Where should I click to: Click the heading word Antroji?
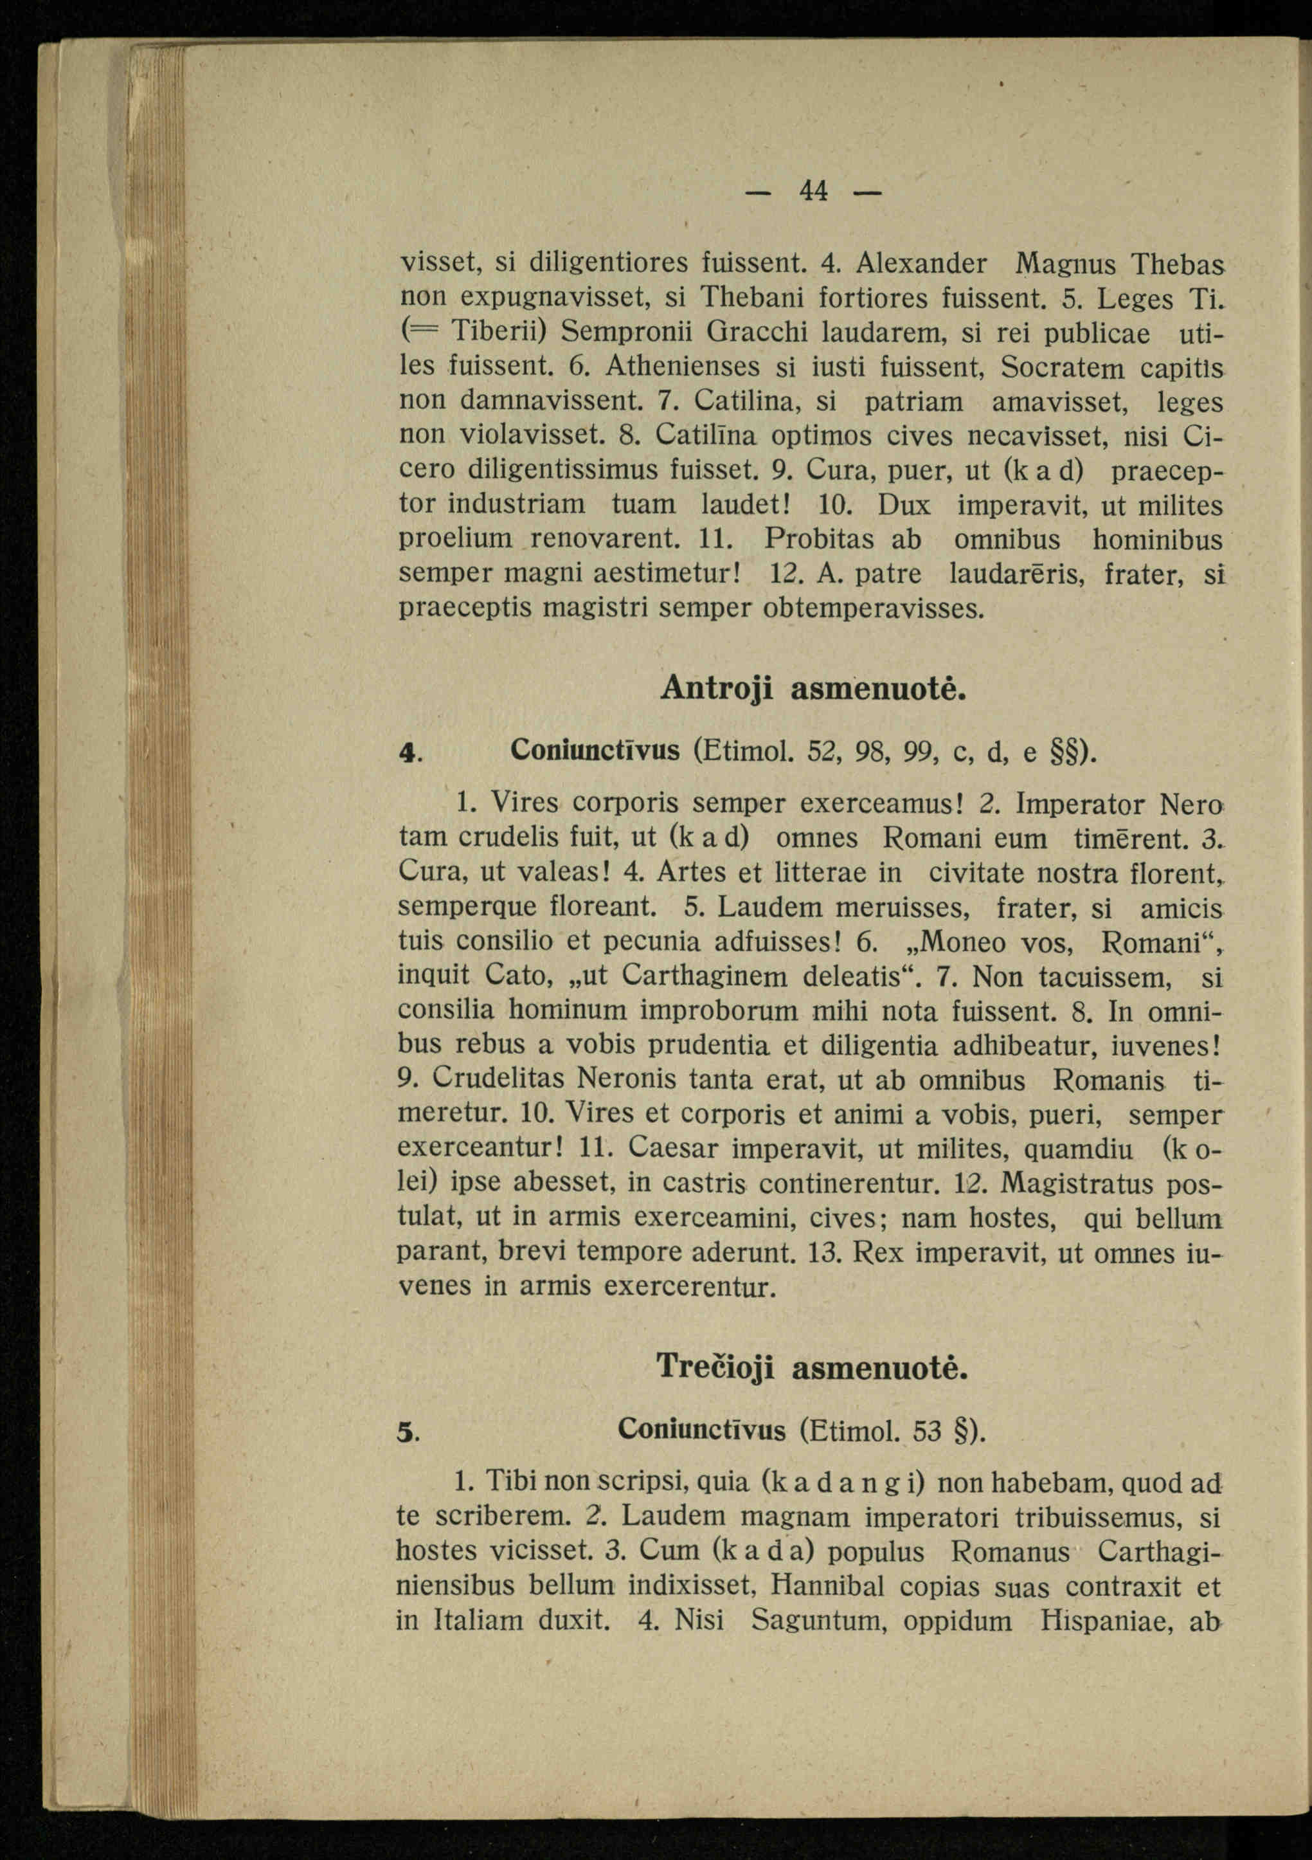click(716, 689)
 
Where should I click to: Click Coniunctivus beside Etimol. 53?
click(701, 1430)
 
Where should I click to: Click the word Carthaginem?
click(704, 976)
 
